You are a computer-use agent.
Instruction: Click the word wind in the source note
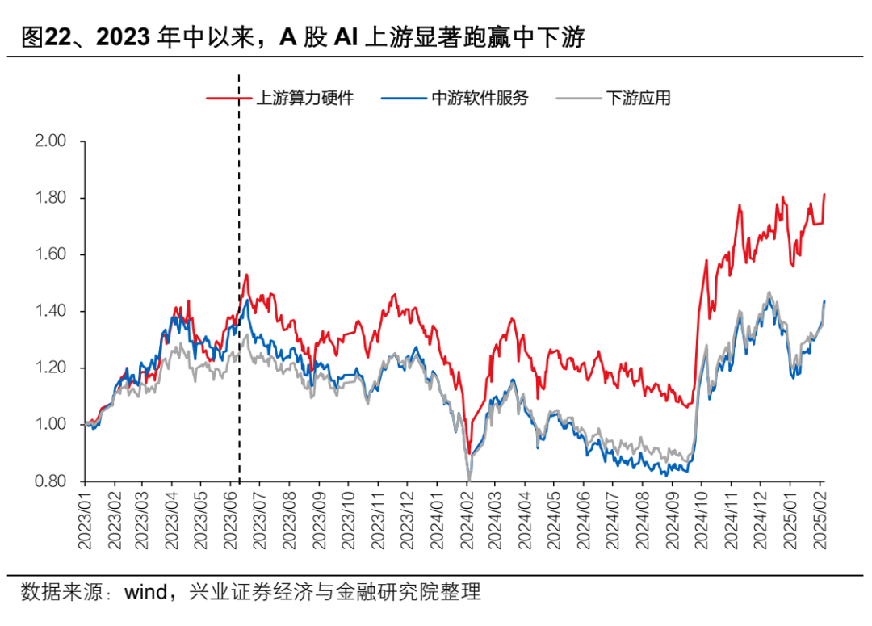tap(145, 592)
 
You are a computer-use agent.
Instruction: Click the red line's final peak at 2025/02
tap(824, 194)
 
